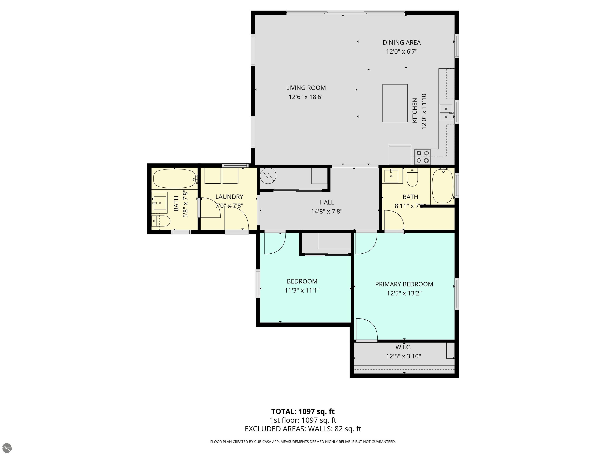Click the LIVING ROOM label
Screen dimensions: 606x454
[x=306, y=88]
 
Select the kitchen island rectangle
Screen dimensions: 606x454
[x=395, y=103]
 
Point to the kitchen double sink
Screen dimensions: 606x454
[x=446, y=113]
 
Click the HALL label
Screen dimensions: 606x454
[x=326, y=202]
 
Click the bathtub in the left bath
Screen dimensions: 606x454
[x=175, y=179]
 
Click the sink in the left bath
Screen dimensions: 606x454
[x=160, y=203]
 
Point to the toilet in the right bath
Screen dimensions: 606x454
[x=412, y=177]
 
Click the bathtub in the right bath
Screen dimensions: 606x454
[x=443, y=186]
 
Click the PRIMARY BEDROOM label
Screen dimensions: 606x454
[x=404, y=284]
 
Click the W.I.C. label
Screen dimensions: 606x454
[x=403, y=347]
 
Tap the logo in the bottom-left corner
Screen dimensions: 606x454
[x=7, y=447]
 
